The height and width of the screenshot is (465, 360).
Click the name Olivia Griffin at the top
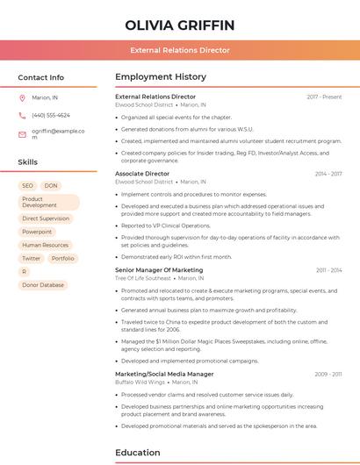pyautogui.click(x=180, y=25)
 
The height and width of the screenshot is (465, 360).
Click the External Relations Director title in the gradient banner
pyautogui.click(x=180, y=50)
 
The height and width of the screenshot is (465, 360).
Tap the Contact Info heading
pyautogui.click(x=41, y=77)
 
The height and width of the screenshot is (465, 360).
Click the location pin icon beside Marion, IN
pyautogui.click(x=22, y=97)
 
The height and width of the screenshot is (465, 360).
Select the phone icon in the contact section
pyautogui.click(x=22, y=115)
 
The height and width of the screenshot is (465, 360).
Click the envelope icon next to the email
pyautogui.click(x=22, y=134)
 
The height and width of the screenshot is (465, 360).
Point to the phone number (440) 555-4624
pyautogui.click(x=51, y=115)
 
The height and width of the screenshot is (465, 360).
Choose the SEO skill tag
pyautogui.click(x=27, y=186)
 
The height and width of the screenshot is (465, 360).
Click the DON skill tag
pyautogui.click(x=51, y=186)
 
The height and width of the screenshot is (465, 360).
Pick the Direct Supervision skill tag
pyautogui.click(x=46, y=218)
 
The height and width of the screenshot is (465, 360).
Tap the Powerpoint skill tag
pyautogui.click(x=37, y=232)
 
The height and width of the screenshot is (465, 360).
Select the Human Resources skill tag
pyautogui.click(x=45, y=246)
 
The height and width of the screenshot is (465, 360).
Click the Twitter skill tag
pyautogui.click(x=31, y=259)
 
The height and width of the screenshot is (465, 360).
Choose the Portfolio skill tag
pyautogui.click(x=62, y=259)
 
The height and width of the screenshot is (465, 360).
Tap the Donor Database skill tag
pyautogui.click(x=43, y=285)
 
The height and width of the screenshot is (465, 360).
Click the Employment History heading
pyautogui.click(x=161, y=77)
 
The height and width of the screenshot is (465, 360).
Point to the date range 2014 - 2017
pyautogui.click(x=328, y=174)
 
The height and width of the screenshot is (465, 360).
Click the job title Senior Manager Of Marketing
pyautogui.click(x=159, y=270)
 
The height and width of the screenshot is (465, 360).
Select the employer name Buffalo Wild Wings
pyautogui.click(x=140, y=382)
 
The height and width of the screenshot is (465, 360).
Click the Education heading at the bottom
pyautogui.click(x=139, y=453)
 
